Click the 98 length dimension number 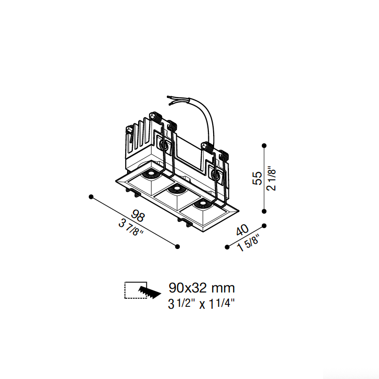pyautogui.click(x=138, y=217)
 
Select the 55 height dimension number pyautogui.click(x=257, y=178)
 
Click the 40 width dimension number pyautogui.click(x=242, y=230)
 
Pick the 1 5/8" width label pyautogui.click(x=248, y=243)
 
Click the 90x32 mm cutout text pyautogui.click(x=202, y=288)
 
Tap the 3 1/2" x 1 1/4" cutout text pyautogui.click(x=201, y=303)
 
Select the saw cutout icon pyautogui.click(x=142, y=290)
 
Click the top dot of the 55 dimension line pyautogui.click(x=264, y=145)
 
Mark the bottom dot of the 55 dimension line pyautogui.click(x=264, y=211)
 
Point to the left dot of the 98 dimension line pyautogui.click(x=91, y=197)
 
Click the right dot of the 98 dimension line pyautogui.click(x=177, y=247)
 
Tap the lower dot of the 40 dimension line pyautogui.click(x=227, y=247)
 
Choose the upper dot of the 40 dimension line pyautogui.click(x=264, y=226)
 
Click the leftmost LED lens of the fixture pyautogui.click(x=151, y=173)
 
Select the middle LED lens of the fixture pyautogui.click(x=177, y=188)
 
